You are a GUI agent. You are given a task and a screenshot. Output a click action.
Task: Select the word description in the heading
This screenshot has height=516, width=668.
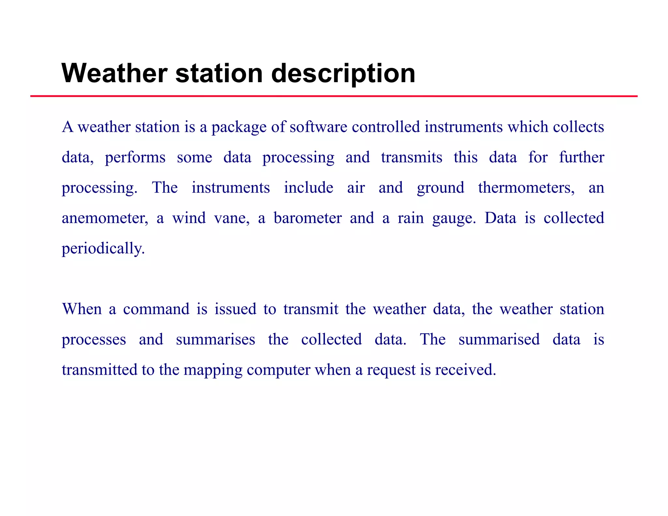point(343,74)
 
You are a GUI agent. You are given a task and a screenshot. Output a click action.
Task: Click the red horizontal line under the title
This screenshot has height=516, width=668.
point(334,96)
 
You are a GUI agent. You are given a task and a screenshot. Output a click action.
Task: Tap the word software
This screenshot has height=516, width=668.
point(318,127)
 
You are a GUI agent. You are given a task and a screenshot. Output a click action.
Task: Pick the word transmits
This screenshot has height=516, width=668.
point(412,157)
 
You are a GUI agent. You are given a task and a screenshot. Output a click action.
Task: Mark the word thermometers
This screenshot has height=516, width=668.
point(526,188)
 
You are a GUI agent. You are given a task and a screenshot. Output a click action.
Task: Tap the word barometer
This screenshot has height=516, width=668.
point(308,218)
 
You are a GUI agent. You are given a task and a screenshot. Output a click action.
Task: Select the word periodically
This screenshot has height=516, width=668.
point(103,249)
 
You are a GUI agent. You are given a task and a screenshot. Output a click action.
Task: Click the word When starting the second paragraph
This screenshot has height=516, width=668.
point(82,309)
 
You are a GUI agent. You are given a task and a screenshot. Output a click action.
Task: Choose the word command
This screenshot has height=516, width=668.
point(156,309)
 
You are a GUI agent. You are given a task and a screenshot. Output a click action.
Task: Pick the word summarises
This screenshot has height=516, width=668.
point(216,340)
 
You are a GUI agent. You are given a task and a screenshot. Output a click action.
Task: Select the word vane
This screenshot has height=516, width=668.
point(232,218)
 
